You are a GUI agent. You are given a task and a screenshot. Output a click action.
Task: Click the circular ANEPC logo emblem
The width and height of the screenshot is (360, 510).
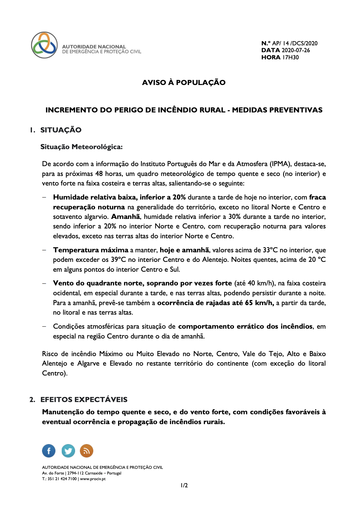point(44,45)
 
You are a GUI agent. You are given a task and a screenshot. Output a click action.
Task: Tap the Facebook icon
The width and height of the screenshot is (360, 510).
point(49,451)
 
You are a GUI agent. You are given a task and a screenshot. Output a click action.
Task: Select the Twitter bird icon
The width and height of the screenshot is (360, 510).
point(68,451)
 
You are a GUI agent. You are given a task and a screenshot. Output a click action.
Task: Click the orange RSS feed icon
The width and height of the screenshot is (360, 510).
point(86,451)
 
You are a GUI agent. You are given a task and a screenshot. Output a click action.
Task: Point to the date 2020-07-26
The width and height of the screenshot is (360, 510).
point(296,50)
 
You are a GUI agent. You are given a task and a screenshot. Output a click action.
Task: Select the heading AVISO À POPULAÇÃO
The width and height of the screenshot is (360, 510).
point(184,82)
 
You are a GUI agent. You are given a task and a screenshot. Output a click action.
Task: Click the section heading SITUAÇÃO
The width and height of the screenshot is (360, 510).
point(61,130)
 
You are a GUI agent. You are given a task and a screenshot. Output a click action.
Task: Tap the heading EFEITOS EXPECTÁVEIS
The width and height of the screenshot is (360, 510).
point(84,400)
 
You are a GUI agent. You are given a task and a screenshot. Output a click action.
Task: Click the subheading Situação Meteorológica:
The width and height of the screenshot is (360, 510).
point(81,147)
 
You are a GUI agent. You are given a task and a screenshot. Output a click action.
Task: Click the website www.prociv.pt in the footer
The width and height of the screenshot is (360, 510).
point(93,479)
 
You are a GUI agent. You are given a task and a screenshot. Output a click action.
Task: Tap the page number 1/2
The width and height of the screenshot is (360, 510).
point(184,485)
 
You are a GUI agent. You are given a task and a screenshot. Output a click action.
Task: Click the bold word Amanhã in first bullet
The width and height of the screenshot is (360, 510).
point(125,217)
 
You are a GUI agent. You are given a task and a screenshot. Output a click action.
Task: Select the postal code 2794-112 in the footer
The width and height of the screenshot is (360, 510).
point(75,473)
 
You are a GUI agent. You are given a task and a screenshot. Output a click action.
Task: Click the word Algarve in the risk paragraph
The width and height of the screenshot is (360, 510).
point(88,363)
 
